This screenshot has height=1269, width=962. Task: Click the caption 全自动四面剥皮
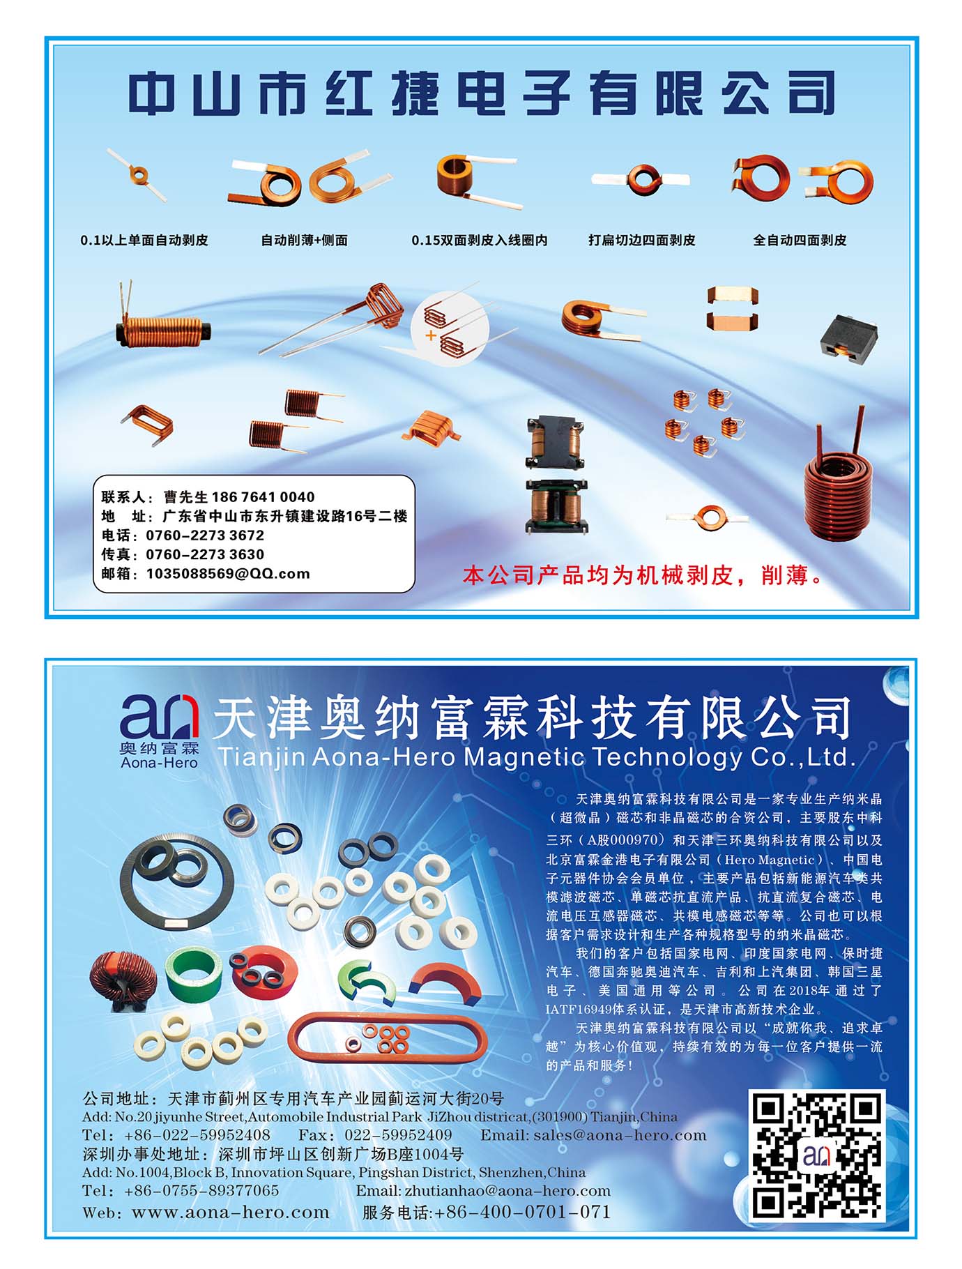(800, 241)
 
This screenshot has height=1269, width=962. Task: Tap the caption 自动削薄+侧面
(304, 241)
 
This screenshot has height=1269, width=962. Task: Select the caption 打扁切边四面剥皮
(642, 241)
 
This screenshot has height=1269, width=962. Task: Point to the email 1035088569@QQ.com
(228, 574)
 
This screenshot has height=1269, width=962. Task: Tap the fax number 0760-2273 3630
(205, 555)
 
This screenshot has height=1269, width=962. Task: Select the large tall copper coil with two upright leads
(838, 481)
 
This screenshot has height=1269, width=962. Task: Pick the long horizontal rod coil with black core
(163, 325)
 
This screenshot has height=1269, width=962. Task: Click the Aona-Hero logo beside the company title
(160, 731)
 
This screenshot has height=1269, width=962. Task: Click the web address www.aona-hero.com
(231, 1213)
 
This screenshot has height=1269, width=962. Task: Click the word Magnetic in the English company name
(524, 758)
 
